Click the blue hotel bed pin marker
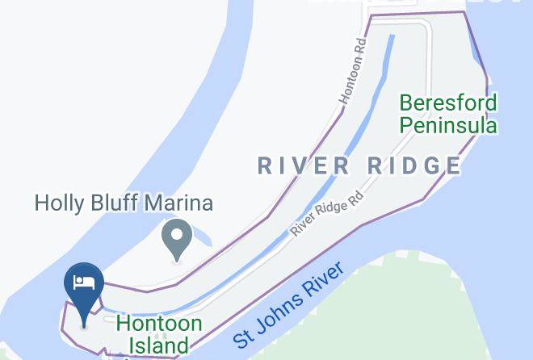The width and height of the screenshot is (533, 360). point(84,287)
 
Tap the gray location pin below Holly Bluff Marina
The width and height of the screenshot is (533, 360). point(177,238)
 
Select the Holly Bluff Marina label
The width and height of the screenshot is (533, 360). point(124,203)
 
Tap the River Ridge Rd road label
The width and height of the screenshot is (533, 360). point(328,213)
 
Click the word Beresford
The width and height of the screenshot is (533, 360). point(448,104)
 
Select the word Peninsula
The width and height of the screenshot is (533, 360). point(448,125)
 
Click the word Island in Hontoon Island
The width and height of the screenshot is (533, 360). point(158,345)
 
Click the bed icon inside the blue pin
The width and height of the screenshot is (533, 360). point(84,282)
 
